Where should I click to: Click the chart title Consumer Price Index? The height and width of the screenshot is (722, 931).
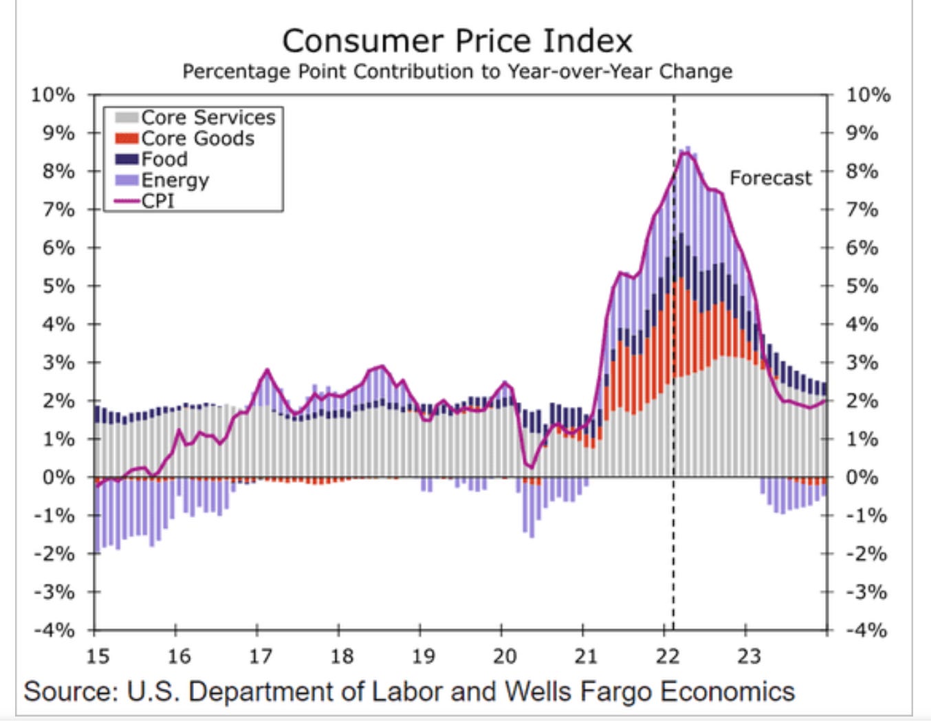(x=457, y=41)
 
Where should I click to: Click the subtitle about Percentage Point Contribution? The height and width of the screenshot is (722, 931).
(x=457, y=72)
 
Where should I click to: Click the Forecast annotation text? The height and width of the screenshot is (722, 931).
(x=770, y=178)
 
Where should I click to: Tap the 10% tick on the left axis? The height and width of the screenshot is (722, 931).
(x=52, y=95)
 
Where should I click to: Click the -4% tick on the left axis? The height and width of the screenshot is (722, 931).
(x=54, y=630)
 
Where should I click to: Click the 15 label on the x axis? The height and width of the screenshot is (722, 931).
(x=98, y=657)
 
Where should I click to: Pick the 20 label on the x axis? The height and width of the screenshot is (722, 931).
(x=504, y=657)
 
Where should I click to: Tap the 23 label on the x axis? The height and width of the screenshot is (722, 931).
(x=748, y=657)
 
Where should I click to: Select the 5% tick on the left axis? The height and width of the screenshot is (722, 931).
(x=58, y=286)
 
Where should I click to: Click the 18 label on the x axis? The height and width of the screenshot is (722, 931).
(x=342, y=657)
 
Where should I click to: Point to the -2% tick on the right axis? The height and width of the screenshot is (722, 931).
(x=866, y=554)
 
